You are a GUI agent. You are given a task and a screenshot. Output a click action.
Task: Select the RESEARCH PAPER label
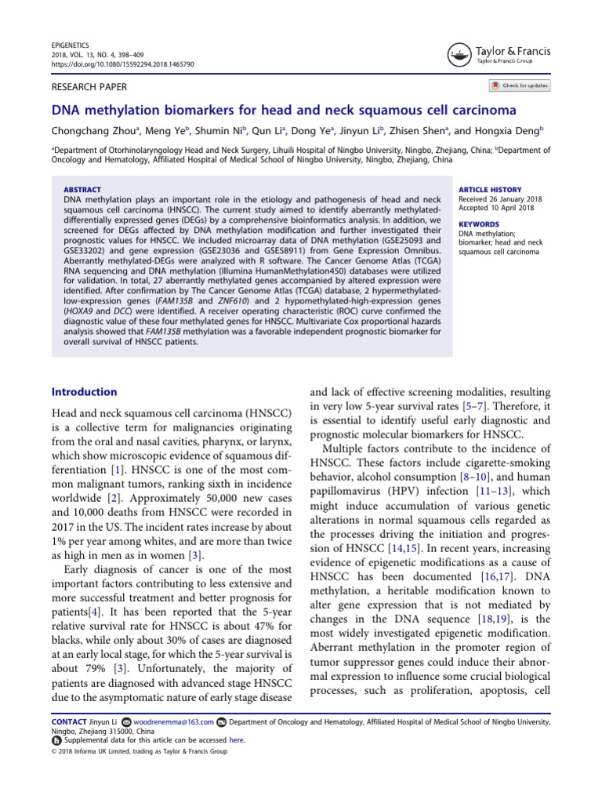point(89,87)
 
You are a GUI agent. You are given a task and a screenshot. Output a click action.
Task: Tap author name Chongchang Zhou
point(94,131)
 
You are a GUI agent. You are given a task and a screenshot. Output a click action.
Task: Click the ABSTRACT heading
point(82,190)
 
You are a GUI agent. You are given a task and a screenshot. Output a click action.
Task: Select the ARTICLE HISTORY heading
point(490,190)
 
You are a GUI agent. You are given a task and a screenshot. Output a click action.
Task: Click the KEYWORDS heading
point(479,225)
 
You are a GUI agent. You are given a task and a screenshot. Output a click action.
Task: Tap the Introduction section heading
point(85,391)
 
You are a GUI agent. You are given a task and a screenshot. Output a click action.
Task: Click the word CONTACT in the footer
point(68,721)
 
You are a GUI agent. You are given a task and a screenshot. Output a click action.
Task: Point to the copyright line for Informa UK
point(139,751)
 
